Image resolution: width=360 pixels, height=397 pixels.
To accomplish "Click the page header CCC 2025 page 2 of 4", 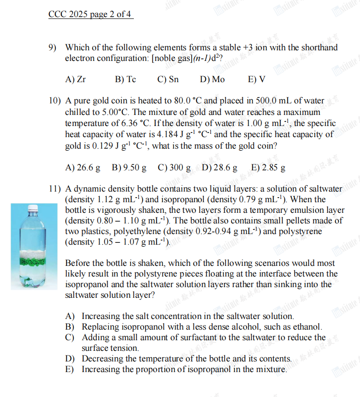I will click(90, 14).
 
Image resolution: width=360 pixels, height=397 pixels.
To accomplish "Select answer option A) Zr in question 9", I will click(76, 79).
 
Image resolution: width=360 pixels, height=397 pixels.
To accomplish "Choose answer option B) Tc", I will click(125, 79).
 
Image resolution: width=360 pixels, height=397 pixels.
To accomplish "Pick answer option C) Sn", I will click(168, 79).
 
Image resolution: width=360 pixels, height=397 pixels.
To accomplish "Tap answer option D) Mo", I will click(212, 79).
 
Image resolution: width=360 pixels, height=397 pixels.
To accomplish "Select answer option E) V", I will click(257, 79).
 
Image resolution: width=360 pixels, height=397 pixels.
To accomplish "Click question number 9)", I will click(54, 48).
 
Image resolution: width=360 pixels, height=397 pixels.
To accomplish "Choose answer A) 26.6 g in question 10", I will click(83, 168).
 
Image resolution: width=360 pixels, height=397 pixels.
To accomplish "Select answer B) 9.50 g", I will click(129, 168).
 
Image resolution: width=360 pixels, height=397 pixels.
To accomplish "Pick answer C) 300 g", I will click(174, 168).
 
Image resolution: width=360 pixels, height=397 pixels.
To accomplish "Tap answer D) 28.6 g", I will click(220, 168).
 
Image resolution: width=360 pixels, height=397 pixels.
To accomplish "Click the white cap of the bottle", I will click(32, 208).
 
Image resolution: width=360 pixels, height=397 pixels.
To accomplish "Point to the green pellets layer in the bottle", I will click(33, 265).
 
